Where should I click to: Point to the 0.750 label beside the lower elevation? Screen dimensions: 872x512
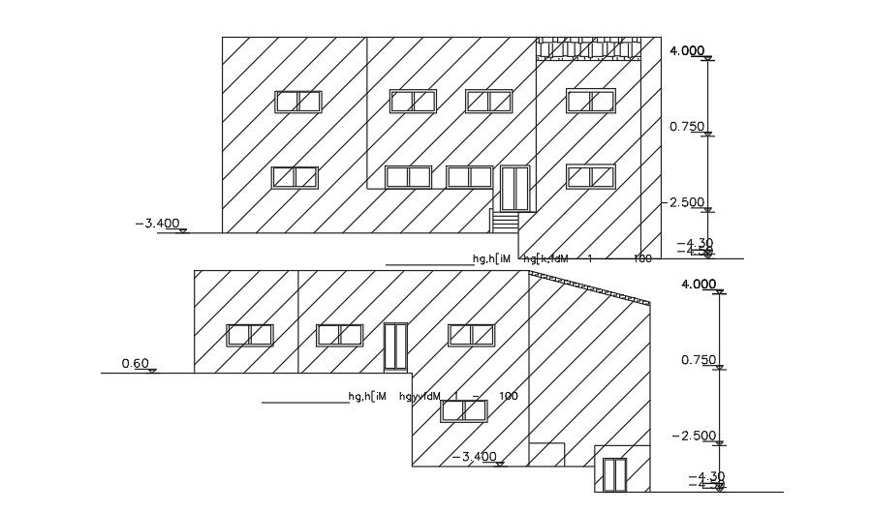(x=698, y=360)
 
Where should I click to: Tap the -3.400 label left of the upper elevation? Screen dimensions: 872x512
(x=157, y=224)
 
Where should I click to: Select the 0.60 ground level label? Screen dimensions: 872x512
(x=135, y=364)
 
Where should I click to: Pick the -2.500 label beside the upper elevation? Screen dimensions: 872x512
(x=686, y=202)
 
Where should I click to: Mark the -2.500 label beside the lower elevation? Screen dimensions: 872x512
(x=697, y=436)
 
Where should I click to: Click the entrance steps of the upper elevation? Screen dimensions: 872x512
(x=504, y=223)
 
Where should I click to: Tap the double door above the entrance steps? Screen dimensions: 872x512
(x=514, y=188)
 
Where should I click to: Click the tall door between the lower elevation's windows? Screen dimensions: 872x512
(x=396, y=346)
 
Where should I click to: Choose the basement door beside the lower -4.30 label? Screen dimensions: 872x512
(x=614, y=474)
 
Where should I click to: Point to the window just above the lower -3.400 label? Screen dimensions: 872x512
(x=462, y=410)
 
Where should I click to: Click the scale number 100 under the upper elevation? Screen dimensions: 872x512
(x=643, y=258)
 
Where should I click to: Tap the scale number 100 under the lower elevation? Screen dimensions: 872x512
(x=509, y=396)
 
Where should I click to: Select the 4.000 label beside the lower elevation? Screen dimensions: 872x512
(x=698, y=284)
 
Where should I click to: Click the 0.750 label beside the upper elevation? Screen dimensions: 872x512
(x=686, y=126)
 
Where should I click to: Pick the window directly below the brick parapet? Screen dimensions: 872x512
(x=591, y=101)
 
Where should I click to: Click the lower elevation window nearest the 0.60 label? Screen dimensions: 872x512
(x=250, y=335)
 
